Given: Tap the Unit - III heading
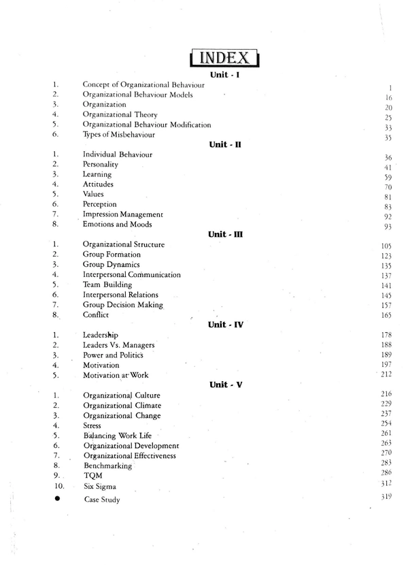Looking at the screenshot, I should click(226, 234).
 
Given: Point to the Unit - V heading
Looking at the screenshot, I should click(226, 385).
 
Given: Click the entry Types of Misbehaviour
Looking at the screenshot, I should click(120, 135).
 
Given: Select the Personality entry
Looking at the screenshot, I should click(100, 165).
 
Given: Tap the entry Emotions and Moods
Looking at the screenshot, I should click(117, 224).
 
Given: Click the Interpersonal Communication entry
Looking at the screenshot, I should click(131, 274).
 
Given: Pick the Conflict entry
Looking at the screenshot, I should click(96, 315).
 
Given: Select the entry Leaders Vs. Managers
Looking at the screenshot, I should click(118, 345).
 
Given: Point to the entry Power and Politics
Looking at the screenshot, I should click(113, 355).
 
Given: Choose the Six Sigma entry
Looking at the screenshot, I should click(99, 487).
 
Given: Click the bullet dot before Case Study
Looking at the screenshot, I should click(57, 499).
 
